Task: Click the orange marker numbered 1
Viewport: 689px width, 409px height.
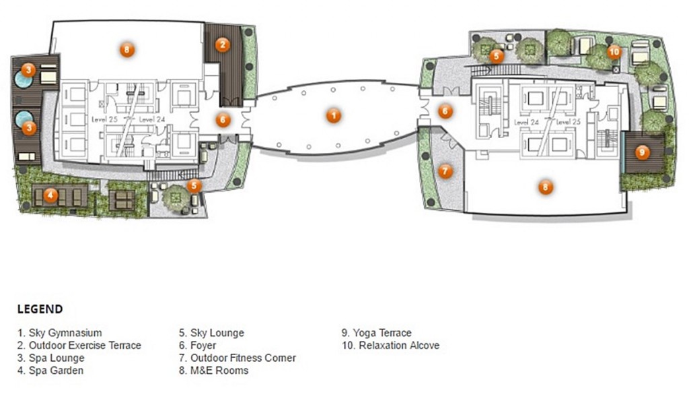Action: (334, 116)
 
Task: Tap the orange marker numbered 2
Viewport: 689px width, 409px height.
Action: (222, 44)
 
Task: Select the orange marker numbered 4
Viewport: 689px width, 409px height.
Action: (50, 195)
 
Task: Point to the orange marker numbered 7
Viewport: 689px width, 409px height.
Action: (445, 171)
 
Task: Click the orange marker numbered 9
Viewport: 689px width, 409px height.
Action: (642, 152)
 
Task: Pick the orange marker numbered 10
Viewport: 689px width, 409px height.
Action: (614, 52)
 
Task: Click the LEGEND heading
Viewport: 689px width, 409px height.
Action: (40, 309)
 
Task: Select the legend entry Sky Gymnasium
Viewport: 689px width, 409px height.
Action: (60, 333)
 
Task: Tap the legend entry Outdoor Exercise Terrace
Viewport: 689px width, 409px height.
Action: (79, 345)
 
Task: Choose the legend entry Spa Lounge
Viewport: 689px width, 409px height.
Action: (51, 358)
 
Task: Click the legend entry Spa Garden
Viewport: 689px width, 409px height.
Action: (50, 371)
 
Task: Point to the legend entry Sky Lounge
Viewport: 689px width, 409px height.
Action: (211, 333)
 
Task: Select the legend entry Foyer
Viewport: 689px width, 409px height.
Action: (197, 346)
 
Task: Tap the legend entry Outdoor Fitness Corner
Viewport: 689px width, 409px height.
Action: (238, 358)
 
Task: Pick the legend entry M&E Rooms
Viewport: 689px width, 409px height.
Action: (213, 371)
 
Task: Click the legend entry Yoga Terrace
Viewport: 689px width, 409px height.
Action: (377, 333)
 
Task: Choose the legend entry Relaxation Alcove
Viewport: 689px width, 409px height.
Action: (391, 345)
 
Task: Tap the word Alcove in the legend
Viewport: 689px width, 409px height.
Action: (425, 345)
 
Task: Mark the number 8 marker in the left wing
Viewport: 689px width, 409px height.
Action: (126, 50)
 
